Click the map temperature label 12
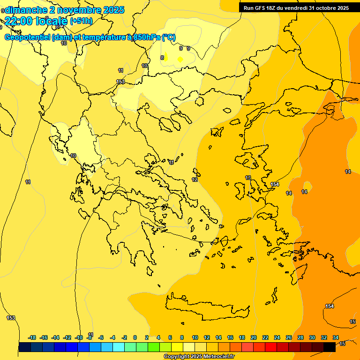pyautogui.click(x=195, y=180)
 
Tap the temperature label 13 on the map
pyautogui.click(x=248, y=178)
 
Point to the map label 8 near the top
pyautogui.click(x=162, y=58)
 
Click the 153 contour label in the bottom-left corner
pyautogui.click(x=11, y=318)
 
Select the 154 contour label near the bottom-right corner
pyautogui.click(x=330, y=306)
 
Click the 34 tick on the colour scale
pyautogui.click(x=336, y=337)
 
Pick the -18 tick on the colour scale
pyautogui.click(x=32, y=337)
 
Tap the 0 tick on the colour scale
pyautogui.click(x=135, y=337)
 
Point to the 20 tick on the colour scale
pyautogui.click(x=254, y=337)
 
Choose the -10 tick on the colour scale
pyautogui.click(x=79, y=337)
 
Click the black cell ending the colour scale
pyautogui.click(x=330, y=347)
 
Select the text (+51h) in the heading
pyautogui.click(x=81, y=21)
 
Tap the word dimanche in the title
pyautogui.click(x=26, y=10)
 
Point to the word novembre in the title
pyautogui.click(x=80, y=10)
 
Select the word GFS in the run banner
pyautogui.click(x=261, y=8)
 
